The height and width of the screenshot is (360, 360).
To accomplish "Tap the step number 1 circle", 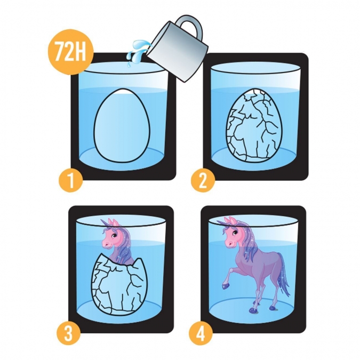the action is [x=71, y=180].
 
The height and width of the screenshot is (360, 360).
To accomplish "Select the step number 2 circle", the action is [x=203, y=180].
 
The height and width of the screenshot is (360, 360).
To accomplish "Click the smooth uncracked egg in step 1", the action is [x=122, y=126].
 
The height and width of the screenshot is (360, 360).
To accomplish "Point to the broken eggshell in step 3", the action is [x=119, y=286].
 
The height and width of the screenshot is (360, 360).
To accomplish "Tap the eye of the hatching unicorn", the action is [x=113, y=235].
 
